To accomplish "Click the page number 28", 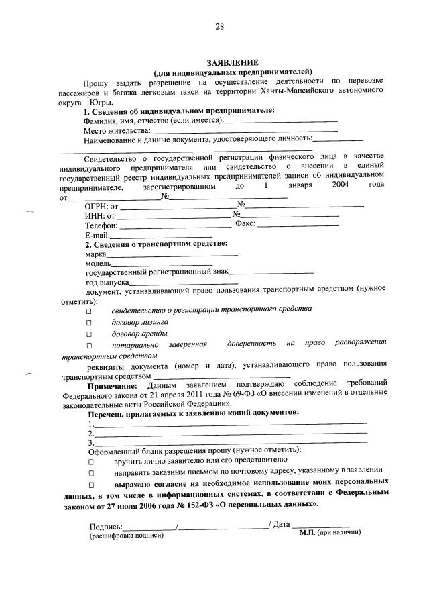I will pyautogui.click(x=219, y=27).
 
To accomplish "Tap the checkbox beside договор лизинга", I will pyautogui.click(x=88, y=322).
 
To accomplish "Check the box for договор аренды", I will pyautogui.click(x=88, y=334).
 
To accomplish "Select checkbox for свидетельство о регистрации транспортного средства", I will pyautogui.click(x=88, y=311).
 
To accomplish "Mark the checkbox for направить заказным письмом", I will pyautogui.click(x=88, y=473).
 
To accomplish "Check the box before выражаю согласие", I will pyautogui.click(x=88, y=484).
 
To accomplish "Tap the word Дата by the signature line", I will pyautogui.click(x=281, y=523).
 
